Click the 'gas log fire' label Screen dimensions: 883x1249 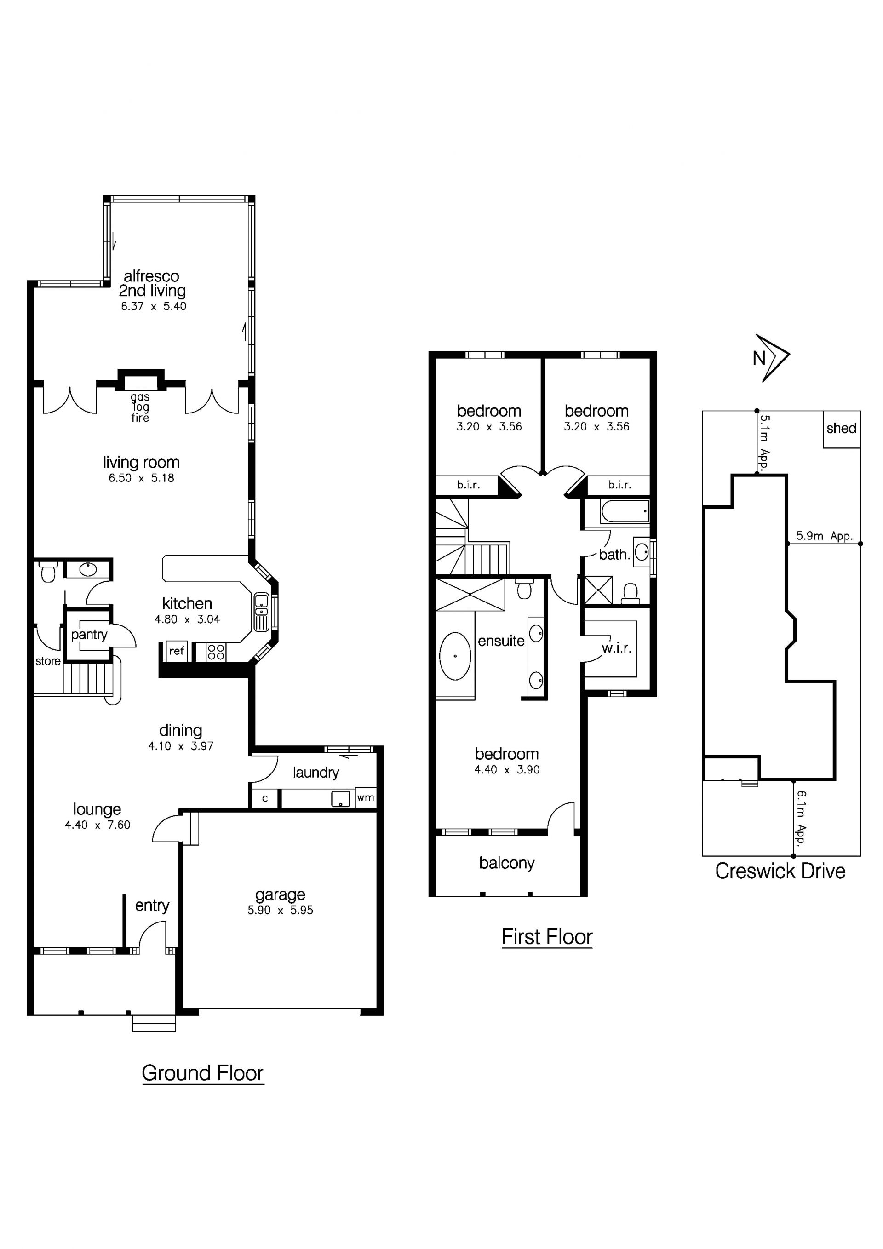pos(140,407)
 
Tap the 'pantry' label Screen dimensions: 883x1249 pos(89,635)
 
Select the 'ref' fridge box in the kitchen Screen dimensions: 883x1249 pos(176,651)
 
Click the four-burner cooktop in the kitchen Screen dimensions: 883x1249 pos(216,652)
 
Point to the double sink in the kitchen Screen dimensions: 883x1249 pos(262,612)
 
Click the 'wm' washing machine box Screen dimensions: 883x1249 pos(366,798)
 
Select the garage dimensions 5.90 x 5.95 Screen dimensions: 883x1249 pos(280,911)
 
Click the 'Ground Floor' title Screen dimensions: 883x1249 pos(202,1073)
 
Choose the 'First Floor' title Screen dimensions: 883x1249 pos(547,937)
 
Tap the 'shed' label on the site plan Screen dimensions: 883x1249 pos(841,428)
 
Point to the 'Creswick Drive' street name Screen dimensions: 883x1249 pos(780,871)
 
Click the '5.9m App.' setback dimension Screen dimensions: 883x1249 pos(824,536)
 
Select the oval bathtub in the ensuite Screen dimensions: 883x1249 pos(455,656)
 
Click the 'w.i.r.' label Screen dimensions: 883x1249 pos(616,648)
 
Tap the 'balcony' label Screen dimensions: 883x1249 pos(506,863)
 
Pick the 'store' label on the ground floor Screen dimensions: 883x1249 pos(48,661)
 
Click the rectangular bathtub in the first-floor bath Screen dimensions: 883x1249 pos(625,511)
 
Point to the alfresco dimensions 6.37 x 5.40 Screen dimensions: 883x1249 pos(154,306)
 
